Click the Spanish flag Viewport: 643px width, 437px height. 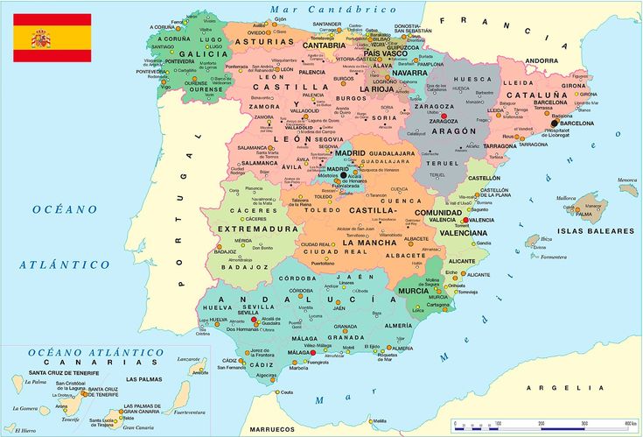click(x=52, y=38)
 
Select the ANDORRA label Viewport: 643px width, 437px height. click(x=542, y=60)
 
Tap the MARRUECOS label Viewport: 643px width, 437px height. click(x=272, y=429)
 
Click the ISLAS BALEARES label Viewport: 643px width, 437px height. click(x=596, y=230)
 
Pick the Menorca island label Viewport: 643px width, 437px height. click(x=627, y=181)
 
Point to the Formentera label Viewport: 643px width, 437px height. click(x=553, y=257)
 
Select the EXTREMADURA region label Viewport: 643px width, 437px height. click(x=258, y=229)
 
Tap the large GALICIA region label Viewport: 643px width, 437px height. click(x=203, y=53)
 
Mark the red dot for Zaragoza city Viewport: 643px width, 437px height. click(x=444, y=116)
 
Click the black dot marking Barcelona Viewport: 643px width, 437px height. click(x=555, y=123)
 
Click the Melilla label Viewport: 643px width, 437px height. click(x=379, y=421)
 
